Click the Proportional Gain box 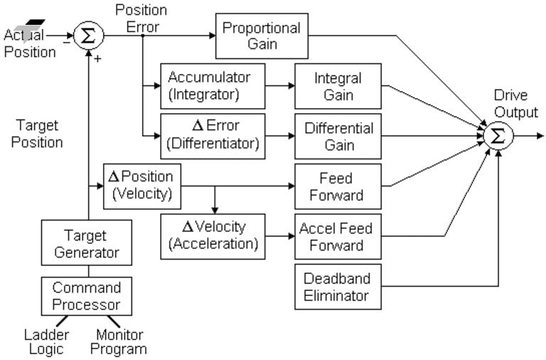pos(261,36)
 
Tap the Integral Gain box pos(338,85)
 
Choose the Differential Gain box pos(338,136)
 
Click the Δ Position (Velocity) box pos(142,186)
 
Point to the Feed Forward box pos(338,186)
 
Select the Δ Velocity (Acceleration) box pos(213,235)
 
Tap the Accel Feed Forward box pos(338,235)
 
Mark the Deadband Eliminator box pos(338,286)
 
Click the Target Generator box pos(86,243)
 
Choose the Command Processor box pos(86,295)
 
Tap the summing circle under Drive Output pos(499,135)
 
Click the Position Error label pos(141,18)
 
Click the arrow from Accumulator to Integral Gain pos(279,85)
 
